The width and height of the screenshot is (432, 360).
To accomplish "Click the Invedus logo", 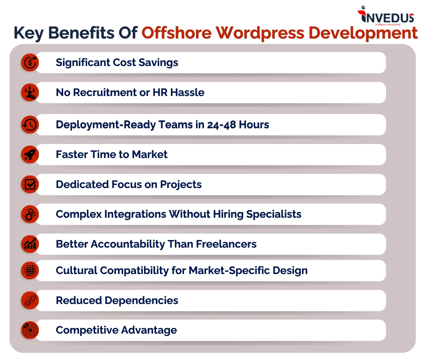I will coord(386,16).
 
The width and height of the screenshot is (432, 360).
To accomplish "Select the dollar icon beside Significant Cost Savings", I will coord(30,62).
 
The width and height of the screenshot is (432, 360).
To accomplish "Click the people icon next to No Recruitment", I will coord(30,92).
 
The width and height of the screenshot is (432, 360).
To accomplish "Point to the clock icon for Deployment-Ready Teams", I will coord(30,125).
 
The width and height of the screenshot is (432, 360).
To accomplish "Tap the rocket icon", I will coord(30,154).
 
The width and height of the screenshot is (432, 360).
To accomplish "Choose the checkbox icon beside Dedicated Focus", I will coord(30,184).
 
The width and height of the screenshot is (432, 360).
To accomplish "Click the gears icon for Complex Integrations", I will coord(30,214).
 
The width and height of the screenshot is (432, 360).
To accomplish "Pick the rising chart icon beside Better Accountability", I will coord(30,244).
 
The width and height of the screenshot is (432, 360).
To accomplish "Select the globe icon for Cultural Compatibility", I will coord(30,271).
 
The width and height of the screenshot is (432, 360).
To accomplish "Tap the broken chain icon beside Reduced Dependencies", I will coord(30,300).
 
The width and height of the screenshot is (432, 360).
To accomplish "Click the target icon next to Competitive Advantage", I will coord(30,330).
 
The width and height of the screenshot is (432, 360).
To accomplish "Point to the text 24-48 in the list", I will coord(222,125).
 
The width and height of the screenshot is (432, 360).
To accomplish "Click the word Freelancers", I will coord(226,244).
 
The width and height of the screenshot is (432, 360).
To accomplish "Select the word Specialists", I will coord(274,214).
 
